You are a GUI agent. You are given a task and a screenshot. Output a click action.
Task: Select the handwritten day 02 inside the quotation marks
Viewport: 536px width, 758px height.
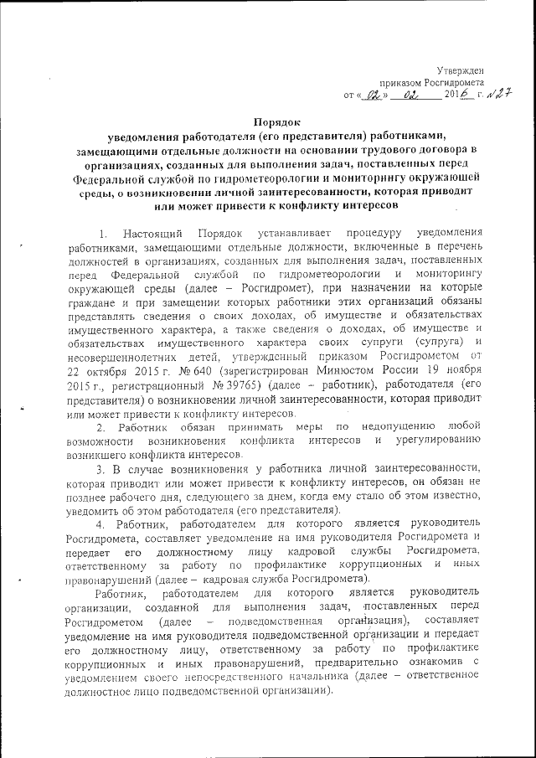point(368,95)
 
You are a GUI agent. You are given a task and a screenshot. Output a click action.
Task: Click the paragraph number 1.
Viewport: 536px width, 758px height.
point(102,231)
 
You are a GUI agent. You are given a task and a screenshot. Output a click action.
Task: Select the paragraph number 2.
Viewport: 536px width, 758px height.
point(102,429)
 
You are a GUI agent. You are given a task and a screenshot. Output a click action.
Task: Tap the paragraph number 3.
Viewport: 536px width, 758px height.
point(102,469)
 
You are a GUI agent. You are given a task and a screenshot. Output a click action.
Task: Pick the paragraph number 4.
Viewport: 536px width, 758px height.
point(102,524)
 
